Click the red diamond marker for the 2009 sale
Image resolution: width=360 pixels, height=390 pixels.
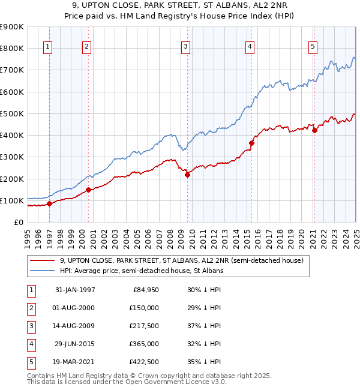187,175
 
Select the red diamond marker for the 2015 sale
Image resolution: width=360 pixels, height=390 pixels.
252,143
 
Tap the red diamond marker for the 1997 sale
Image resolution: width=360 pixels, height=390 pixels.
50,203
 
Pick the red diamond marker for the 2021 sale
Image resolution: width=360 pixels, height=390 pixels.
314,130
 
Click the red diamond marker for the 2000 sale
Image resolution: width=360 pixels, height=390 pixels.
88,190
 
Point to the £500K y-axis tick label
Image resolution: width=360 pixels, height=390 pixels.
12,113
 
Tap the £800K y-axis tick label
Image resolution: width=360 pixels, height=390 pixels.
12,48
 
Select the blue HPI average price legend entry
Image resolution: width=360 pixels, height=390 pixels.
141,271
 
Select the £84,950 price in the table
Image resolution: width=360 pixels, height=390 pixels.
145,290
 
